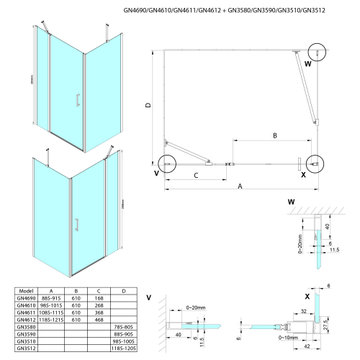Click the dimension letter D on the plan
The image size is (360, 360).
click(148, 106)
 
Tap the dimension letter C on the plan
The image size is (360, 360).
click(195, 175)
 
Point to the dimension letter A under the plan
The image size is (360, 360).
click(240, 185)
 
